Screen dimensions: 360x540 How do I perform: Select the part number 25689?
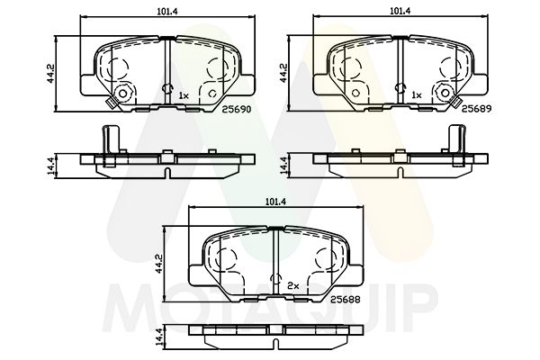click(479, 106)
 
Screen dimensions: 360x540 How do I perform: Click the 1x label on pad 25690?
click(184, 94)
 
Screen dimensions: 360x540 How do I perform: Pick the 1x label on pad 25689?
click(416, 94)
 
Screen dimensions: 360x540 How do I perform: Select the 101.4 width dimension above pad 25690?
click(167, 12)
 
